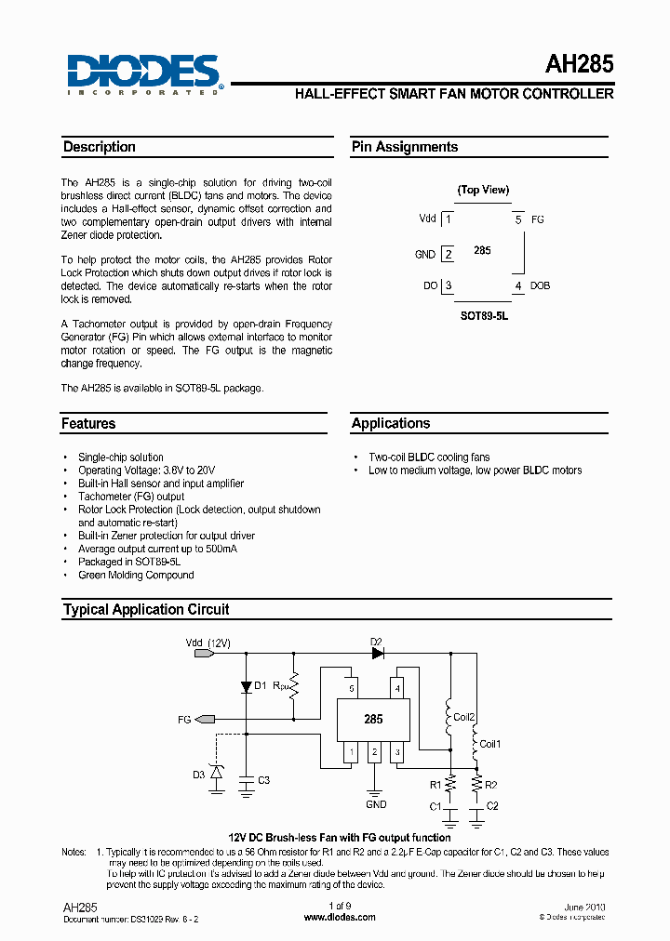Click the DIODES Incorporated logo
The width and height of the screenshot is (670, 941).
[x=143, y=73]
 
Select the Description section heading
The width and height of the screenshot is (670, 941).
[x=100, y=147]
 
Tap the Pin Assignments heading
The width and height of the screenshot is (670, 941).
[x=405, y=147]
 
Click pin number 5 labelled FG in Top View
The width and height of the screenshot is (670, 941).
[x=518, y=219]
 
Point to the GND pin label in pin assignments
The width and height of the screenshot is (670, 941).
[x=424, y=254]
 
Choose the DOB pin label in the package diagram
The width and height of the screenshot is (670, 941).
[x=540, y=285]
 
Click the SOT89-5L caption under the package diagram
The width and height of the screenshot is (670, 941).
[x=484, y=316]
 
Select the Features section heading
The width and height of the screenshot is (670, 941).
[x=88, y=423]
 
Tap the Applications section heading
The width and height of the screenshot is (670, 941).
[x=391, y=423]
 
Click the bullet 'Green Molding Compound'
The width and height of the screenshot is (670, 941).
[x=136, y=575]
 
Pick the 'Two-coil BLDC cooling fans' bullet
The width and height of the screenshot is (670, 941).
[x=429, y=457]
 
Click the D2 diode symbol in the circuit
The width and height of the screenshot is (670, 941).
[x=377, y=653]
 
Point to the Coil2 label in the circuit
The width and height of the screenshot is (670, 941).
[x=464, y=717]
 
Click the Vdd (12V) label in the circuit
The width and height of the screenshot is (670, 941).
[x=208, y=643]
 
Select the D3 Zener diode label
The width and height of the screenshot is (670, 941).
[x=199, y=775]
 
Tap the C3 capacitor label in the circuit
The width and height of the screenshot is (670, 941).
[x=263, y=780]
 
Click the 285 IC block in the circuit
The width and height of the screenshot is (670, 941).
[x=372, y=719]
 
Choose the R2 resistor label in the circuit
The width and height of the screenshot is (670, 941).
[x=492, y=786]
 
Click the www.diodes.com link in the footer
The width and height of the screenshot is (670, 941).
[x=340, y=917]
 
